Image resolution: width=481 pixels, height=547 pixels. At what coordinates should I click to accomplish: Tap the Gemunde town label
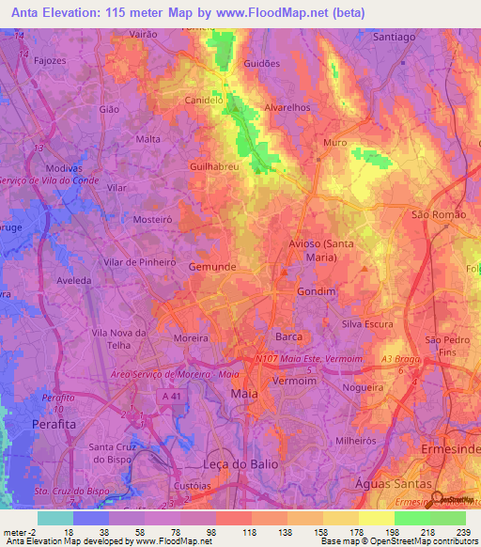(212, 267)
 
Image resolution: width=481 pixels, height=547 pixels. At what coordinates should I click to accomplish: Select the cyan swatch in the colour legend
(54, 518)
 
